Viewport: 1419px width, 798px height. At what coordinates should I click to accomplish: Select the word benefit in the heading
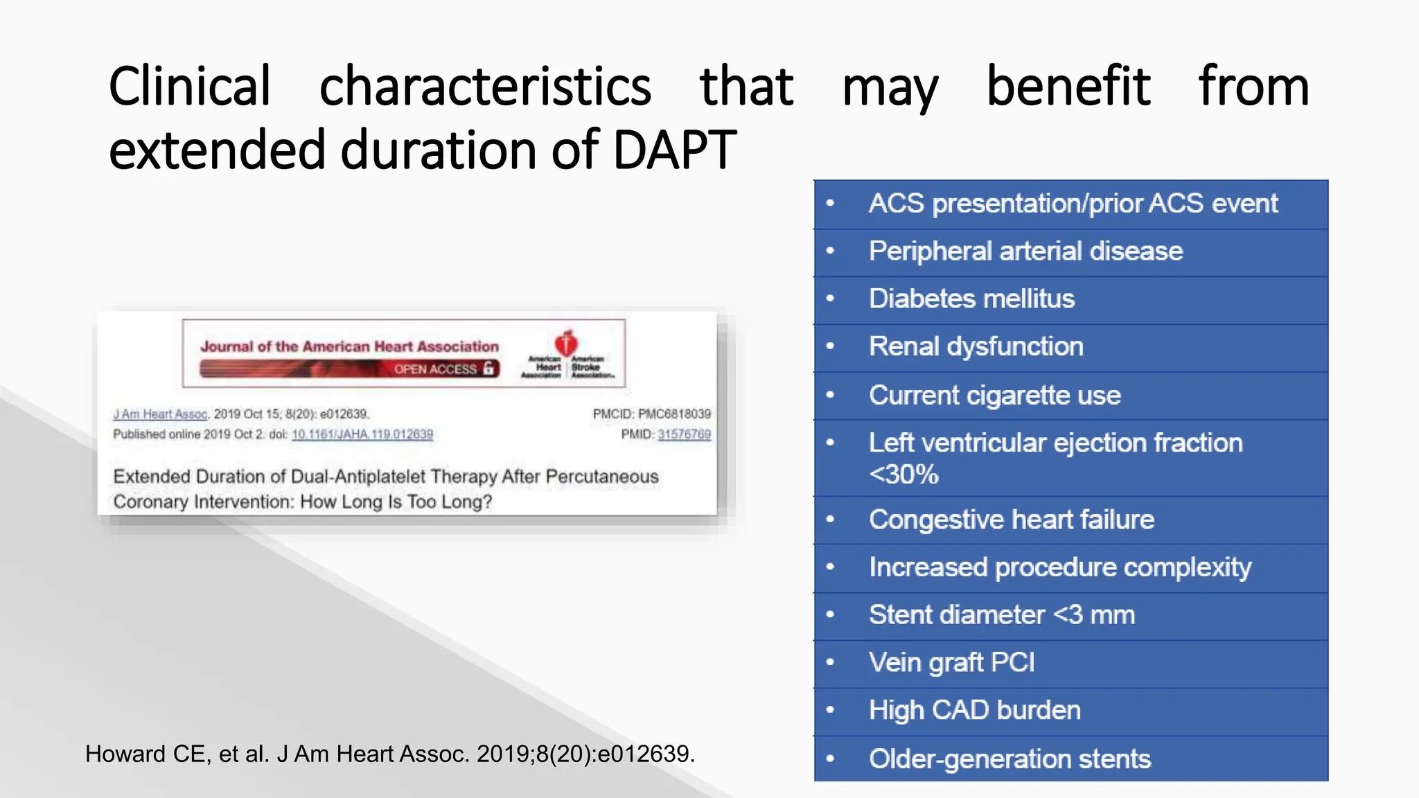(1068, 87)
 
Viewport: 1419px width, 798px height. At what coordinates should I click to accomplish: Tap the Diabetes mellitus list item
(971, 299)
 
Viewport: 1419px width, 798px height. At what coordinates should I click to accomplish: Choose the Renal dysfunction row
(976, 346)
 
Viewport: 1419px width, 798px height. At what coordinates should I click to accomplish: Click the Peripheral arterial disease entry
(1025, 251)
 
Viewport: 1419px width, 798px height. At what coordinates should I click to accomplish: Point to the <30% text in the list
(904, 475)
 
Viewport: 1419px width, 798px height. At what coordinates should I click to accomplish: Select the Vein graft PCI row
(951, 662)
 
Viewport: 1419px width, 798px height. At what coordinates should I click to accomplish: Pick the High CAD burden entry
(974, 710)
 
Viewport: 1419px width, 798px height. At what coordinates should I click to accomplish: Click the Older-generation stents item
(1010, 759)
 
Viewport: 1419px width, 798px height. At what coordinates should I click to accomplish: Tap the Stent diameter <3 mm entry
(1001, 615)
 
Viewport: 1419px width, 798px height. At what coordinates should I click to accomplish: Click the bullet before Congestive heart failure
(830, 520)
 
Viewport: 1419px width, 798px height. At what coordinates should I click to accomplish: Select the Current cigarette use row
(994, 395)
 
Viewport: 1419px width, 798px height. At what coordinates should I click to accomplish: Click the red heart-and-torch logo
(566, 342)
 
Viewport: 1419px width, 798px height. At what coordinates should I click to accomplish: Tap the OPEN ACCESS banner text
(436, 369)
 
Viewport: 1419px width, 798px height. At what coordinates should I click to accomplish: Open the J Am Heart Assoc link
(160, 414)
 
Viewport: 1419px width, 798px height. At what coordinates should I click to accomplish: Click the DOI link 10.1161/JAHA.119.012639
(362, 434)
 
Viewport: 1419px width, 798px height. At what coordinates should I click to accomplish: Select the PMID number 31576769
(684, 434)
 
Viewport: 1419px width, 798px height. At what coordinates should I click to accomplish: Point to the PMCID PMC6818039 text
(651, 414)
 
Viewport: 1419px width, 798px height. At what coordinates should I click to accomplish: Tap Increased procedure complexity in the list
(1059, 567)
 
